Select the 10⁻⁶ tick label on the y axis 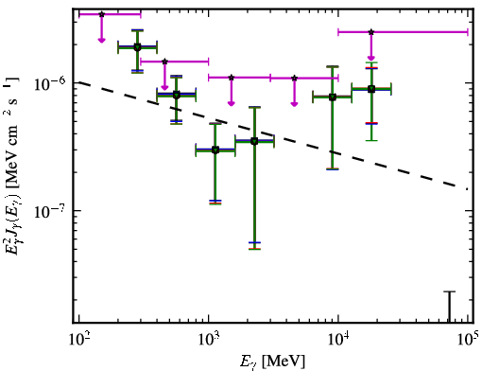[50, 83]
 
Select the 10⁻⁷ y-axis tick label [50, 211]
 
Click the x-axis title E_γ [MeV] [272, 362]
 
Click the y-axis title [12, 166]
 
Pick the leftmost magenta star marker [101, 14]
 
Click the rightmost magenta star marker [371, 32]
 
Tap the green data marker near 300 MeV [137, 47]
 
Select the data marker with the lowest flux [215, 150]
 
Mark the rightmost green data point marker [371, 89]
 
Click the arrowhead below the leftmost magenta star [101, 40]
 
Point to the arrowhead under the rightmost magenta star [371, 58]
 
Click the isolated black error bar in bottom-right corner [450, 307]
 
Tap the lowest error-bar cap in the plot [254, 249]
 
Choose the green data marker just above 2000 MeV [254, 141]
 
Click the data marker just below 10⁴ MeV [333, 97]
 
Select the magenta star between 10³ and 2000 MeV [232, 78]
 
